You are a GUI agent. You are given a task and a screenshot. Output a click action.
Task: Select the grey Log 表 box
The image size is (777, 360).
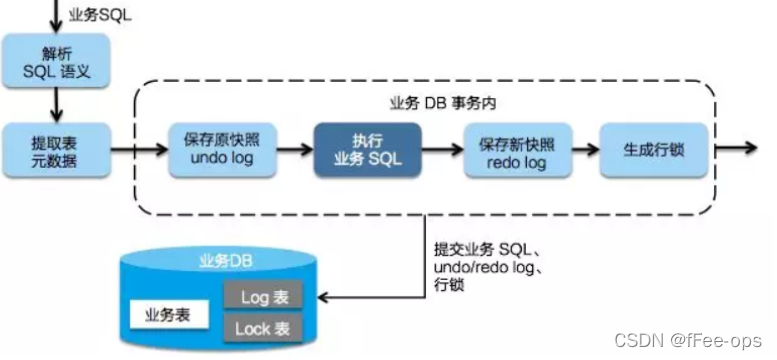pos(262,297)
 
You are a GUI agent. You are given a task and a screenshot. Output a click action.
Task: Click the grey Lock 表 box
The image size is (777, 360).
pos(262,328)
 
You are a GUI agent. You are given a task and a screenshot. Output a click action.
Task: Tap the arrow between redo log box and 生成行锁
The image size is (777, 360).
pos(582,150)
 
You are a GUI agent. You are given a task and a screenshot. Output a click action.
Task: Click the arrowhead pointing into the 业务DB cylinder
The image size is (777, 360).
pos(323,297)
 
